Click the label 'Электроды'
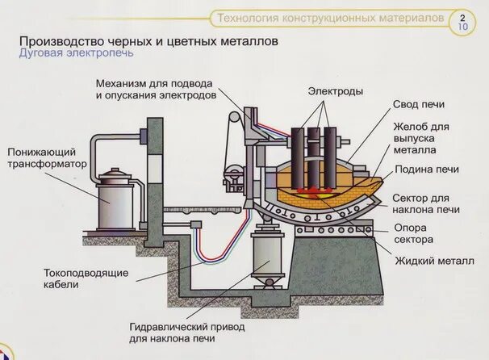(x=335, y=93)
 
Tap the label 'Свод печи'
(x=419, y=105)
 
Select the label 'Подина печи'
(x=426, y=170)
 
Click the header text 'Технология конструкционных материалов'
(x=326, y=17)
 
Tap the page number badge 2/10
(x=463, y=19)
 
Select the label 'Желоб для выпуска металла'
(x=425, y=138)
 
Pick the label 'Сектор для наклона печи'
(x=425, y=203)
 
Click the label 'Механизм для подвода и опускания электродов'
(x=156, y=89)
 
